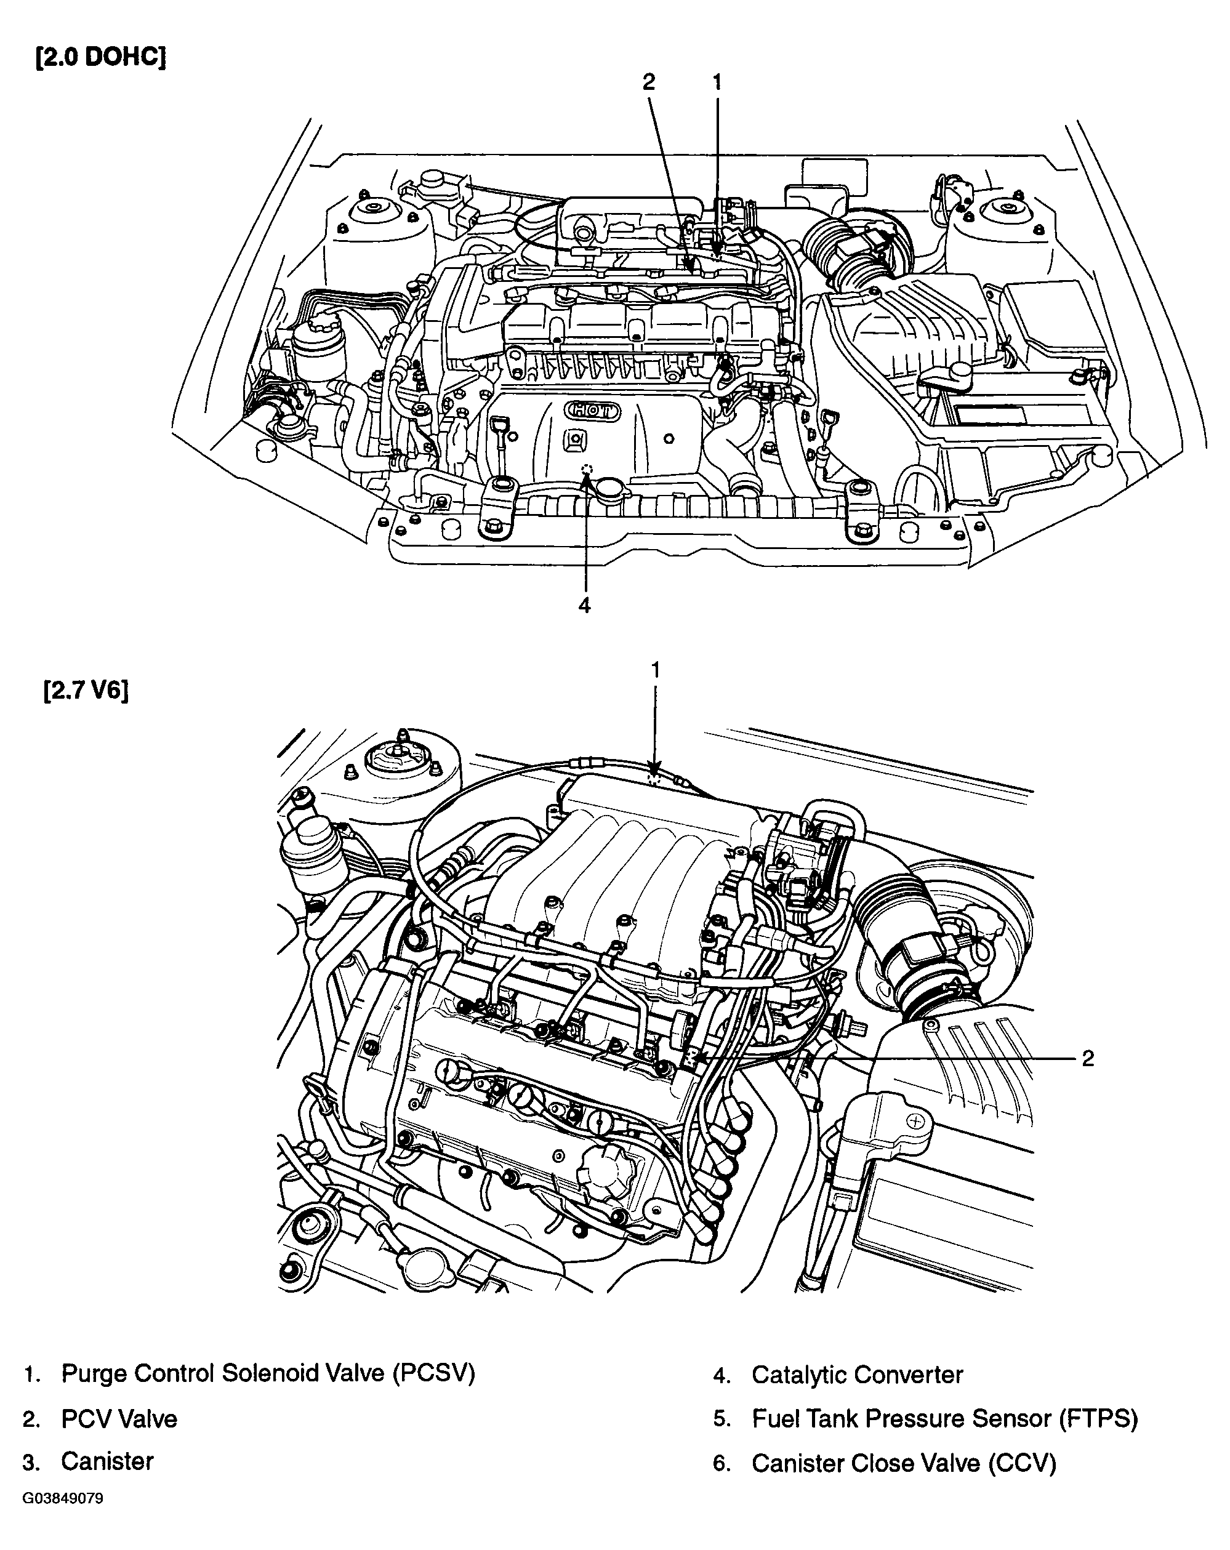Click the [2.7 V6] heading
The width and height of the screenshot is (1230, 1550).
pos(86,691)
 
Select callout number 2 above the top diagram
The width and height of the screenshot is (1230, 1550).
pos(648,82)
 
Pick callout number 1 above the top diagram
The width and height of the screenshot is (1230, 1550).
pos(716,82)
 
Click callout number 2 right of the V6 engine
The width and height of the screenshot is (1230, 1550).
pos(1088,1058)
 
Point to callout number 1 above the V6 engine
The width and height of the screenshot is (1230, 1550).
pos(655,670)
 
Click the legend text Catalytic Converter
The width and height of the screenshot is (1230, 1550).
pos(857,1375)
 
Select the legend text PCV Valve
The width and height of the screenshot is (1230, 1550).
pos(119,1418)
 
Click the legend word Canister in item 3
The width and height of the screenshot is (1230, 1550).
pos(107,1461)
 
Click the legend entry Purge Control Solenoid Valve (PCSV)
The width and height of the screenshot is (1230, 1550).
pos(268,1373)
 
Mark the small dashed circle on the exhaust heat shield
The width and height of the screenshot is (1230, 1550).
pos(587,468)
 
